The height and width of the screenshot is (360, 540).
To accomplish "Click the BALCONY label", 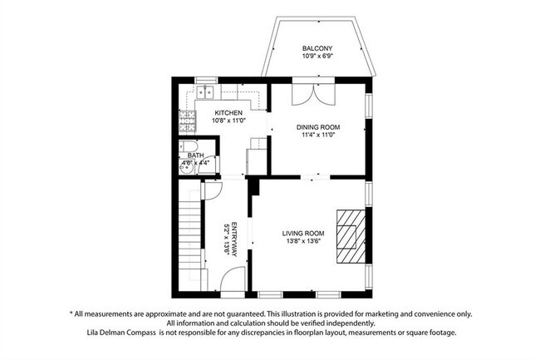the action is click(x=317, y=48).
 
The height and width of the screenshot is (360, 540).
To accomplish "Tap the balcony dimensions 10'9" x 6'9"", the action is click(x=317, y=56).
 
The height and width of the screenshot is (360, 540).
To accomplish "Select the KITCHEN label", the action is click(x=228, y=112).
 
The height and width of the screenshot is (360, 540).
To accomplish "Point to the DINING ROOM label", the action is click(x=318, y=127).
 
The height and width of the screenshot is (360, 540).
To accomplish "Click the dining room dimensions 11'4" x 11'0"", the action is click(x=318, y=135).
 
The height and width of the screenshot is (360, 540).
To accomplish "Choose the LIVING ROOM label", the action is click(x=303, y=234).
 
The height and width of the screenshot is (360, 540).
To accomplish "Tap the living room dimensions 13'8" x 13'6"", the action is click(x=303, y=241).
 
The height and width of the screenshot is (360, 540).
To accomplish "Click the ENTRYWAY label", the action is click(x=234, y=239).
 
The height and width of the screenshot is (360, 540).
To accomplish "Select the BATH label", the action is click(x=195, y=155).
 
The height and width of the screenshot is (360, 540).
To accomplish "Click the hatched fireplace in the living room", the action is click(x=351, y=237).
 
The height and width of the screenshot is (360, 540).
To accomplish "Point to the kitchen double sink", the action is click(x=205, y=92).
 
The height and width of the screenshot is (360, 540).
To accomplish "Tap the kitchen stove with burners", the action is click(x=187, y=121).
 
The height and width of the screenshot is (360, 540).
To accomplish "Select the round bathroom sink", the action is click(x=186, y=169).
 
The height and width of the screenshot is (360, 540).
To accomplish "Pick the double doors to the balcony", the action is click(x=313, y=94).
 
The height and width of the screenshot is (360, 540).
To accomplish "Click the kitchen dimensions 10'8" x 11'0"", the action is click(x=228, y=121).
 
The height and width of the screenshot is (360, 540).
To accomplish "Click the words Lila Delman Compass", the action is click(x=121, y=333).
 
